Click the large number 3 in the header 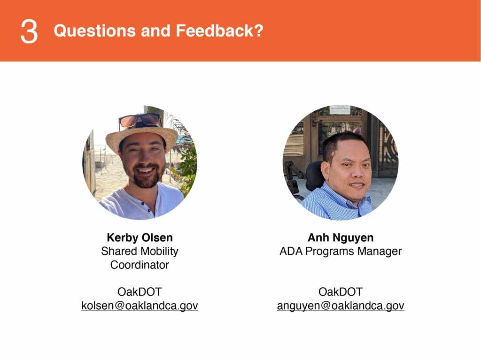(29, 31)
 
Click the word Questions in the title (95, 31)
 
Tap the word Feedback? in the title (220, 31)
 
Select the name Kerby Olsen (140, 237)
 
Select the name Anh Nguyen (341, 237)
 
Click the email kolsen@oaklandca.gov (140, 306)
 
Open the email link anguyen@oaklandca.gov (341, 306)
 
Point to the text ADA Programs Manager (341, 251)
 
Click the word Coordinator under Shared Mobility (140, 265)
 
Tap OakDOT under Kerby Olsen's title (140, 291)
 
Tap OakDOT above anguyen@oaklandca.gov (341, 291)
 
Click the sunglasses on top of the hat (140, 120)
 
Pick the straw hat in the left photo (141, 138)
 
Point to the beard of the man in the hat (147, 177)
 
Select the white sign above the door (340, 109)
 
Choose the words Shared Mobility (140, 251)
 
